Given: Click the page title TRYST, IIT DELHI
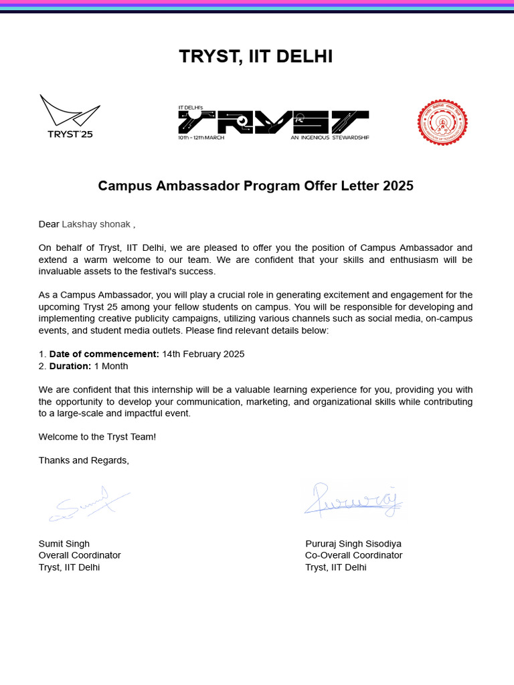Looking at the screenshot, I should point(256,57).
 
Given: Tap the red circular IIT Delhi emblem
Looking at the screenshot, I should point(442,122).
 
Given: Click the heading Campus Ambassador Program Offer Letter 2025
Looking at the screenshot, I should point(256,186).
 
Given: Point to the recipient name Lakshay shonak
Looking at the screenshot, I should point(96,224).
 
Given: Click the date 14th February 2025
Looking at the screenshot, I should point(203,354).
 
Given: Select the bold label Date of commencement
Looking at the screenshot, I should point(104,354).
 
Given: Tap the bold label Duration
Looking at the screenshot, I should point(70,366).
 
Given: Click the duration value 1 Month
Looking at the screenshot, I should point(111,366).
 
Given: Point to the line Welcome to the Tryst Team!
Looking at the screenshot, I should point(97,437).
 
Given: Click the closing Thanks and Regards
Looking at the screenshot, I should point(84,460).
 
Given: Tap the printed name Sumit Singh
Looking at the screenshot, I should point(64,543).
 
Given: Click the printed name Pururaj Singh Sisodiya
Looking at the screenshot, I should point(353,543).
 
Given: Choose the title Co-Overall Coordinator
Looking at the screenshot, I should point(353,555).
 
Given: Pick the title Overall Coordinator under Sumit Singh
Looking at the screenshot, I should point(80,555).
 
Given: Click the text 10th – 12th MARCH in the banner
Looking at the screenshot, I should point(201,138).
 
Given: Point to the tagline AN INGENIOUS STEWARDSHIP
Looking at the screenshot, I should point(329,138).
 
